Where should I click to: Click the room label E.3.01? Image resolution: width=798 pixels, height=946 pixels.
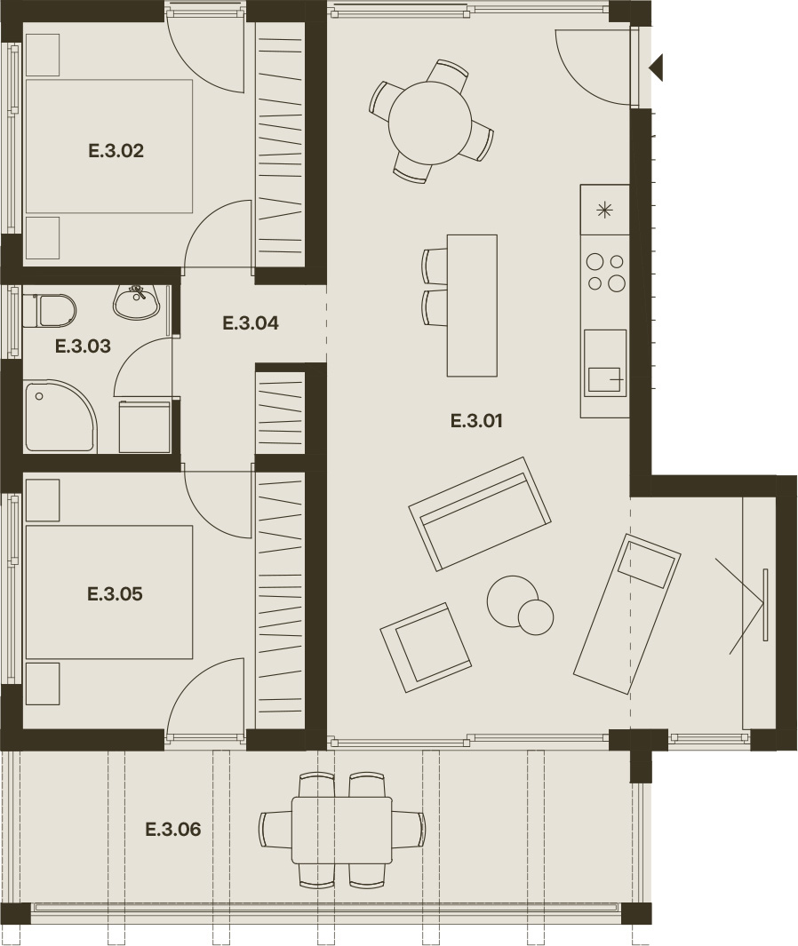click(x=476, y=420)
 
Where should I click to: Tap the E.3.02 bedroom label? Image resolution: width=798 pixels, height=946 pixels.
click(x=116, y=150)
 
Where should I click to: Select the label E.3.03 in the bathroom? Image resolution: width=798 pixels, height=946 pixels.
click(x=83, y=346)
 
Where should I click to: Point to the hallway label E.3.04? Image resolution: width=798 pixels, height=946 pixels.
click(x=251, y=322)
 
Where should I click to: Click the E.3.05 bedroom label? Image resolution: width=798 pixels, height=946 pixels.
click(x=115, y=593)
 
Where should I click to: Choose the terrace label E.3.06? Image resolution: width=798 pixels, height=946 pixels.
click(x=173, y=829)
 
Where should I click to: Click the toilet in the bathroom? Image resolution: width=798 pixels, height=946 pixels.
click(x=50, y=310)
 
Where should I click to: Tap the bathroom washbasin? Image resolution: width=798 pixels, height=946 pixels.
click(x=137, y=302)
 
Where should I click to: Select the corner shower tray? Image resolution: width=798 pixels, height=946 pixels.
click(x=60, y=416)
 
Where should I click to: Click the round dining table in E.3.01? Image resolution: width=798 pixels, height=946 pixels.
click(x=430, y=123)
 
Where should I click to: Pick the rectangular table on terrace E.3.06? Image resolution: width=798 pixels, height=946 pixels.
click(x=341, y=831)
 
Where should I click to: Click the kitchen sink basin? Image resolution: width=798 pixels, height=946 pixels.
click(x=604, y=379)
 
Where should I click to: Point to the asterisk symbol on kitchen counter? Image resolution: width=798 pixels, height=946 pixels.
click(x=604, y=210)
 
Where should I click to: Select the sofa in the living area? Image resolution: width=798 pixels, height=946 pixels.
click(x=480, y=513)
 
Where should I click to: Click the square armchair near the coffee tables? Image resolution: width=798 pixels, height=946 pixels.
click(x=426, y=648)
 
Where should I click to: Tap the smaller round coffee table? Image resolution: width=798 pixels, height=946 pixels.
click(x=536, y=617)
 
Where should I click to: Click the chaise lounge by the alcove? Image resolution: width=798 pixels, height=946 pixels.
click(x=627, y=614)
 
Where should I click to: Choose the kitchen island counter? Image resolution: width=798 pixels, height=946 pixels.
click(x=472, y=306)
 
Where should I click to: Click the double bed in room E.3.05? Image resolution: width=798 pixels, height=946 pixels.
click(x=109, y=592)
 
